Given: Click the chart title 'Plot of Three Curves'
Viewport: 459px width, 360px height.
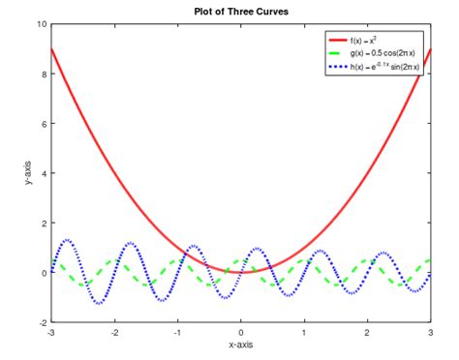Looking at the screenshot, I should (x=241, y=11).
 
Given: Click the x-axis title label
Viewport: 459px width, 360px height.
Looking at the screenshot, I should (x=241, y=345).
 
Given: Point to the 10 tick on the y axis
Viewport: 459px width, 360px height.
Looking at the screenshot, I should (x=40, y=23).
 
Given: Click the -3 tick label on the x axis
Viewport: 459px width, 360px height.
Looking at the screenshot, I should (x=50, y=332).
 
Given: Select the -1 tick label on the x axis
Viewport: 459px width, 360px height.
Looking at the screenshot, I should (x=177, y=332).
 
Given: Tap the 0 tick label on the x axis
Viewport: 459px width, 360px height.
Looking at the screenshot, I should (x=241, y=332).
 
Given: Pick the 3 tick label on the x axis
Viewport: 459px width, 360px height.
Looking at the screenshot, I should (x=431, y=332).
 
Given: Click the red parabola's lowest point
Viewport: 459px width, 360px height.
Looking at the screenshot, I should (x=241, y=272).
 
